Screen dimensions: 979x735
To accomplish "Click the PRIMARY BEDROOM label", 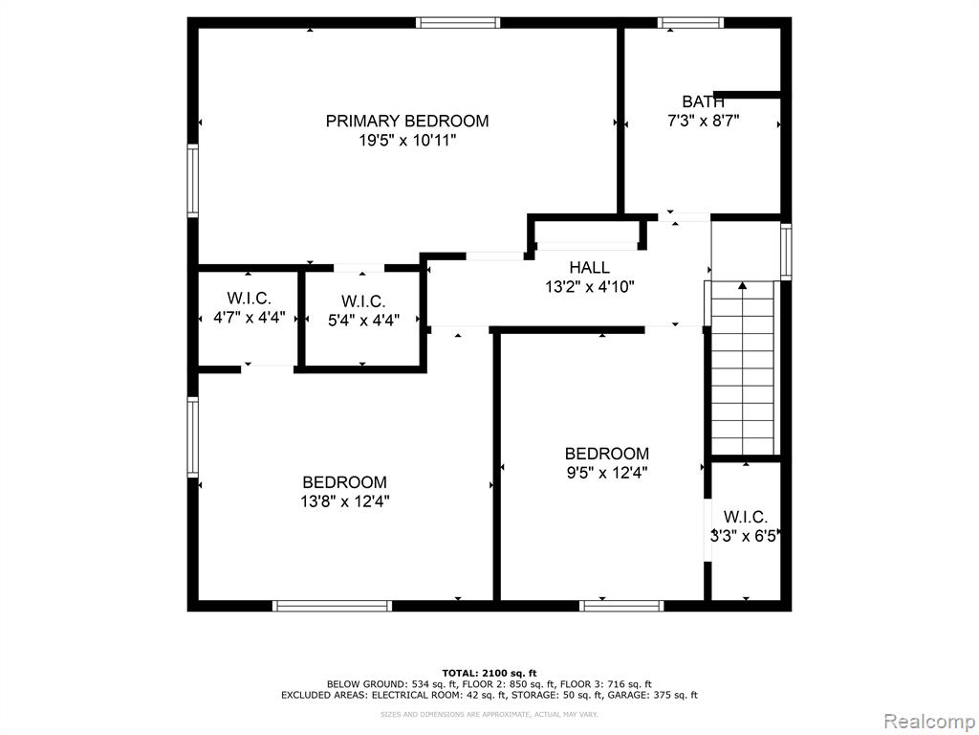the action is (x=407, y=121).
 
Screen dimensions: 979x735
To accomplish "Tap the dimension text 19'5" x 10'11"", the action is (x=407, y=141).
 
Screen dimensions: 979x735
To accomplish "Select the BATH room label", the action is (x=703, y=101).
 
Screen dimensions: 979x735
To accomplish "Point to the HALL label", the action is (x=589, y=268).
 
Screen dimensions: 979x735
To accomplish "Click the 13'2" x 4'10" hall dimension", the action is (x=589, y=287).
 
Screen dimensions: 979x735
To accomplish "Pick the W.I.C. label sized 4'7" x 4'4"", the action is (x=250, y=298).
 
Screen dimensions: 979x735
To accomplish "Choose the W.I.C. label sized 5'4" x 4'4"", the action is (x=363, y=301).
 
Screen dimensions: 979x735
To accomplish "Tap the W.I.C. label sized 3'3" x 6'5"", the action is (x=746, y=517).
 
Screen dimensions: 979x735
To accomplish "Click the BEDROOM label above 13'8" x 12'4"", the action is (x=344, y=482).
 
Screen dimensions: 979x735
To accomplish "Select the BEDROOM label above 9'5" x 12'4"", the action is (x=607, y=453).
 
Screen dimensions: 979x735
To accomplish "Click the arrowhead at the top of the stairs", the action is (x=742, y=285).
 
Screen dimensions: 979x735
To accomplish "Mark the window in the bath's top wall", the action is (x=690, y=23).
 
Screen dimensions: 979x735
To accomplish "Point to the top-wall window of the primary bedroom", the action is (x=458, y=23).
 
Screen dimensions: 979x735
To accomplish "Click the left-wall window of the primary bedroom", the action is (x=193, y=181).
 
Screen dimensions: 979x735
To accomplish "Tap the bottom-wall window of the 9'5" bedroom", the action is (x=621, y=606).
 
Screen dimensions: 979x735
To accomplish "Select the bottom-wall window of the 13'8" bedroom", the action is (x=332, y=606).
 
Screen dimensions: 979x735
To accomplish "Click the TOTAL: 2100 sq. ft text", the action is (x=489, y=673).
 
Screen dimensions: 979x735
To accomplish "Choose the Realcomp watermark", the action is (x=929, y=722).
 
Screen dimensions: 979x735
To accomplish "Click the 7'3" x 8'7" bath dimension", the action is (x=703, y=122).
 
